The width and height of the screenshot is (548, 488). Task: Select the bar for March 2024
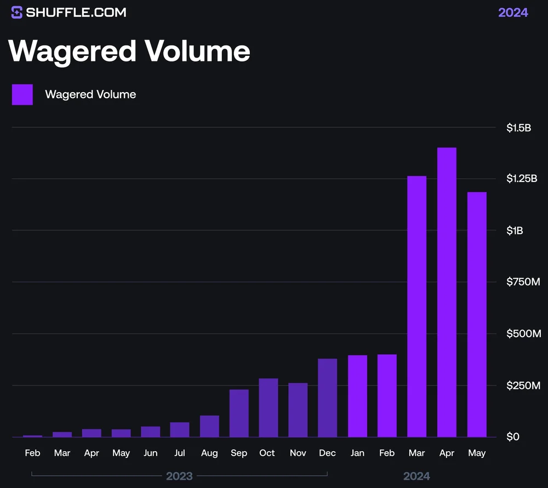[x=417, y=307]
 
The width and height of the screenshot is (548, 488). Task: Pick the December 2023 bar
[x=328, y=398]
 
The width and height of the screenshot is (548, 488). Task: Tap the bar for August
[x=209, y=426]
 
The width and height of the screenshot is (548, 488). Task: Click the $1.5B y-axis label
[x=518, y=128]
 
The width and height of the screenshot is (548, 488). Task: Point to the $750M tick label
[x=523, y=282]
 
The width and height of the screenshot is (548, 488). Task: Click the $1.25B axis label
[x=522, y=179]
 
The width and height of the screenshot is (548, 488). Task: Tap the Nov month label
[x=298, y=453]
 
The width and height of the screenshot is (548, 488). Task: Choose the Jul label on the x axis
[x=180, y=453]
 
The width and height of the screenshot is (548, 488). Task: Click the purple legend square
[x=22, y=94]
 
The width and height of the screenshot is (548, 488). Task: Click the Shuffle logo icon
[x=17, y=12]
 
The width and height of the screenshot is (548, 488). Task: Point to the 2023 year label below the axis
[x=180, y=476]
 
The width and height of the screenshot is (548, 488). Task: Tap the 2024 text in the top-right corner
[x=513, y=13]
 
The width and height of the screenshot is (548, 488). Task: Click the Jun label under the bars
[x=150, y=453]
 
